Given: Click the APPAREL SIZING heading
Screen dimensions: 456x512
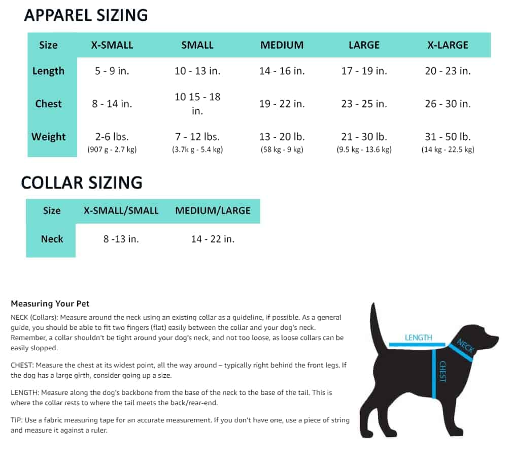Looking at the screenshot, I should (86, 15).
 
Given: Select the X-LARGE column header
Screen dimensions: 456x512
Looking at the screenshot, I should (448, 45).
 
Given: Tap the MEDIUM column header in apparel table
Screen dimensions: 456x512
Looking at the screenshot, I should (282, 45).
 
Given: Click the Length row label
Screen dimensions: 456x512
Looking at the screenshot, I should (48, 71).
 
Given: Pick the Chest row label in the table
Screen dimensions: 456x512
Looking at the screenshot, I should (48, 104).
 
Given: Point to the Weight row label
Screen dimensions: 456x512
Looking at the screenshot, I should (48, 137).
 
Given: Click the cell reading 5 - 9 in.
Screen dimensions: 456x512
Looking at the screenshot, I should (112, 71).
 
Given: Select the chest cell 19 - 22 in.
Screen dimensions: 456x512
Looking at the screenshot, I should (282, 104).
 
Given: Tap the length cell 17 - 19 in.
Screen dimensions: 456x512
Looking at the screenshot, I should (364, 71).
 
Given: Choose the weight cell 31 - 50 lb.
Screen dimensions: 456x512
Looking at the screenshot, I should (448, 137).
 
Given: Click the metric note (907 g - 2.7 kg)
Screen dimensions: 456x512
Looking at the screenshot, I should (112, 149).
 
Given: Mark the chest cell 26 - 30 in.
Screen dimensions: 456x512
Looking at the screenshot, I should (448, 104).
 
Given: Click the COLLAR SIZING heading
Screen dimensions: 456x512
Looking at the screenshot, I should (81, 183).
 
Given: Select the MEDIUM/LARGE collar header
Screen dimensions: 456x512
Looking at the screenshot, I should (213, 210).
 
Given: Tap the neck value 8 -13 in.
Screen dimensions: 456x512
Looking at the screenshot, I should (121, 239).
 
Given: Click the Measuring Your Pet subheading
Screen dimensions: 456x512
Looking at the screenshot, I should (50, 303).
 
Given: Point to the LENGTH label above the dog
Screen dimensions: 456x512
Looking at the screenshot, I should (418, 338).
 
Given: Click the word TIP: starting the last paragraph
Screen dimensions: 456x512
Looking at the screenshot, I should (17, 420).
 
